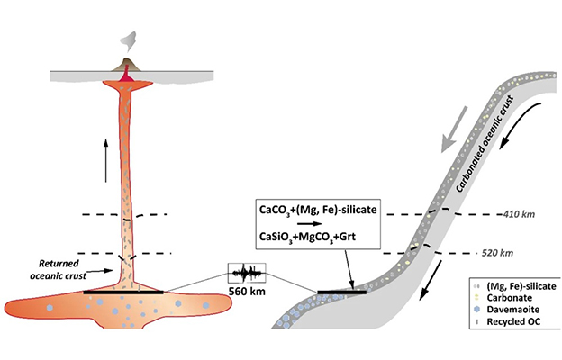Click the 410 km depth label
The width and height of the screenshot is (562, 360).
pos(519,214)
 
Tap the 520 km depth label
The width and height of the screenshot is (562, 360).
pos(497,253)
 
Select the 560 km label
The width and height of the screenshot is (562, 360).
pos(248,292)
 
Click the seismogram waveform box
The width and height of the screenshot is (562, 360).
pos(247,274)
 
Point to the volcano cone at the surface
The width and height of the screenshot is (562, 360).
pos(126,65)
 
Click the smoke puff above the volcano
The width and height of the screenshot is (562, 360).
pos(128,41)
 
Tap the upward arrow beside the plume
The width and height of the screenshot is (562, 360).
pos(105,160)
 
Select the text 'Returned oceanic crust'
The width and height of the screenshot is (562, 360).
pos(59,269)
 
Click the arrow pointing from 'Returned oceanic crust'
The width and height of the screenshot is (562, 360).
pos(100,271)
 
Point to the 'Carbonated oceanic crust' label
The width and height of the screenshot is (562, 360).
pos(485,144)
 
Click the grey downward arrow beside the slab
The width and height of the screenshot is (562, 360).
pos(454,130)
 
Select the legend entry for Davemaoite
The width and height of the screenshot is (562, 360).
pos(507,310)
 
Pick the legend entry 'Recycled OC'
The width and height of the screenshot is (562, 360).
pos(507,321)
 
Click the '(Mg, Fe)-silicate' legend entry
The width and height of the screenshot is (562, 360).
pos(514,286)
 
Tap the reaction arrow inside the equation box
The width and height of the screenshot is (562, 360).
pos(310,224)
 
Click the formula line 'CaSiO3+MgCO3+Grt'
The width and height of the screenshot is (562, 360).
pos(307,237)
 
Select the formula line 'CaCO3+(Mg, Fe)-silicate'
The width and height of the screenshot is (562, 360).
pos(318,210)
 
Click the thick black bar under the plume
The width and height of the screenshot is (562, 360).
pos(123,292)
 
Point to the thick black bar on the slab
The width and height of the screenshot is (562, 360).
pos(342,292)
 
